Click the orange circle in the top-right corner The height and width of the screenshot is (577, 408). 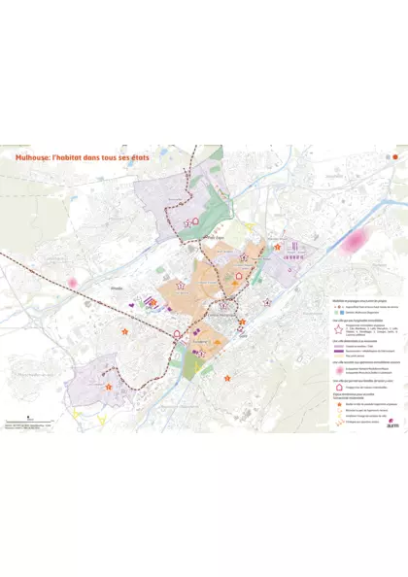point(395,155)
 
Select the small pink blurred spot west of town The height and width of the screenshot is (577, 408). point(72,283)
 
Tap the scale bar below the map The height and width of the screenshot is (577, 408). point(18,421)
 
